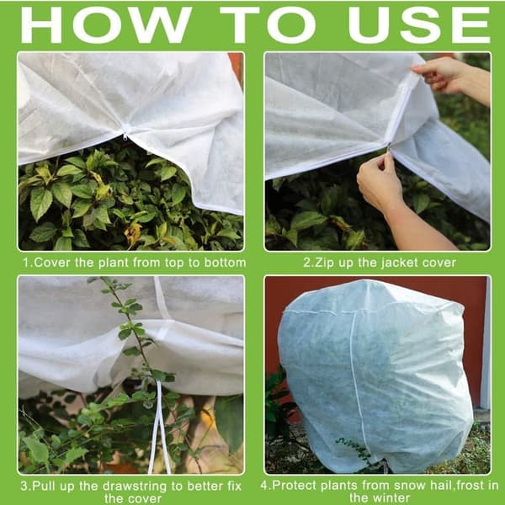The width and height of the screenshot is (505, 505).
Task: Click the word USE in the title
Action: (419, 25)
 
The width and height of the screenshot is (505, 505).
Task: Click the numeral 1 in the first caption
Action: (26, 263)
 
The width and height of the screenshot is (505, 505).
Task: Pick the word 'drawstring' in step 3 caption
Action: (131, 486)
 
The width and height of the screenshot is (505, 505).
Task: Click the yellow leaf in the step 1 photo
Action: (133, 233)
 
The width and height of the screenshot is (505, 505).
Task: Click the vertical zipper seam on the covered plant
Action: (359, 386)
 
